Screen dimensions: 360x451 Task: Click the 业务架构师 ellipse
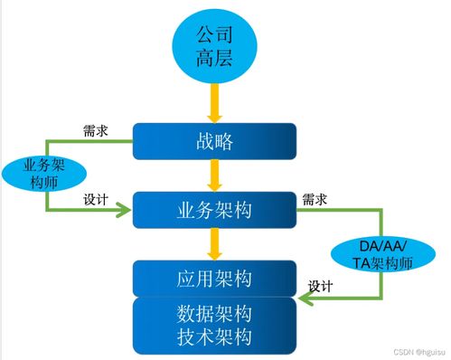[44, 173]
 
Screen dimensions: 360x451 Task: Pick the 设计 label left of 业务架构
[96, 198]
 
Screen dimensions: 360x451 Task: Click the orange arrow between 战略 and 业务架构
[215, 175]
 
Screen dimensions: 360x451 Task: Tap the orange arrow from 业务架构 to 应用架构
[215, 242]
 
